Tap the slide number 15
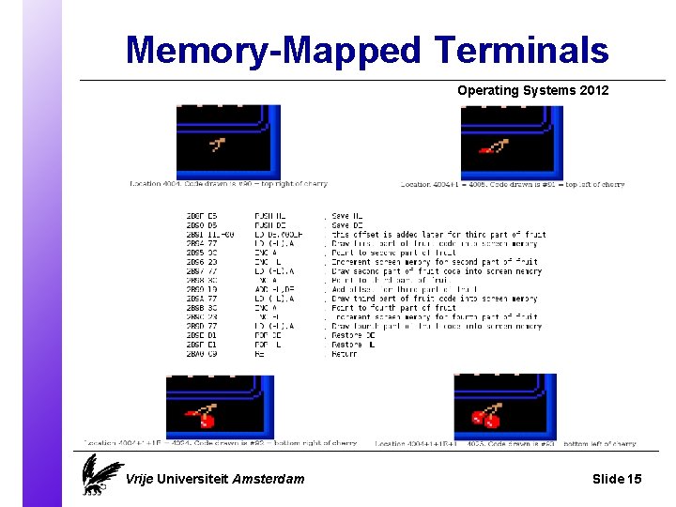click(x=634, y=479)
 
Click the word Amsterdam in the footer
click(x=269, y=479)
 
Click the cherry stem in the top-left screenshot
click(x=218, y=145)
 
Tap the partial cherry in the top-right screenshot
click(x=492, y=146)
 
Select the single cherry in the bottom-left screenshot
click(x=201, y=416)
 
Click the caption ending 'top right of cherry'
click(x=228, y=184)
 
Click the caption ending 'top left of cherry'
click(x=513, y=185)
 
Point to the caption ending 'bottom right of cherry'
click(x=221, y=443)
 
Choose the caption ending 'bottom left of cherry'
click(x=505, y=444)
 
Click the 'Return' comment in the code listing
click(x=345, y=354)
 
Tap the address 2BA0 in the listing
click(x=197, y=354)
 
